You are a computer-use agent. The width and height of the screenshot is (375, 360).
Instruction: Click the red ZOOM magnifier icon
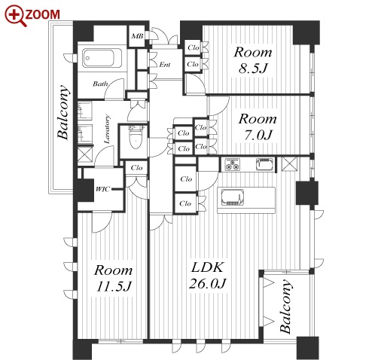coord(15,16)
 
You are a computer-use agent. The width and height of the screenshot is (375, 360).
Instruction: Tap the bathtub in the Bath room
coord(102,58)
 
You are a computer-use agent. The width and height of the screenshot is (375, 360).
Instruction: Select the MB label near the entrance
coord(137,36)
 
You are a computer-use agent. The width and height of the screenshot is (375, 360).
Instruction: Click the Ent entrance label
coord(165,65)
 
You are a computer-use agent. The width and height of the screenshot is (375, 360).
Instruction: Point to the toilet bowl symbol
coord(136,138)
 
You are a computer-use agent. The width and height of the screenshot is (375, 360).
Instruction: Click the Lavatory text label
coord(107,129)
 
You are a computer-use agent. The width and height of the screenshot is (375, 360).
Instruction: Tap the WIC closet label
coord(102,189)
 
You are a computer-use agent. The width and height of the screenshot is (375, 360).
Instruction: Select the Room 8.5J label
coord(253,60)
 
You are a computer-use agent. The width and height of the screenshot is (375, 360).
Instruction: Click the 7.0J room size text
coord(258,135)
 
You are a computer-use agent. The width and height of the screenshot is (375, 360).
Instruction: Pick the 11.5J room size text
coord(114,286)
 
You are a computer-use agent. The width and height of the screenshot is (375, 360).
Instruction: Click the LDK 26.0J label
coord(208,276)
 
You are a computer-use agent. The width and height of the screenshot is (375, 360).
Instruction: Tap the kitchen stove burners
coord(233,164)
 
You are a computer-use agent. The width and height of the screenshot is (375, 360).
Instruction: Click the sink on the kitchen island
coord(233,197)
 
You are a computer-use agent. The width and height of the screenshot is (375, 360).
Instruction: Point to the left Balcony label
coord(62,112)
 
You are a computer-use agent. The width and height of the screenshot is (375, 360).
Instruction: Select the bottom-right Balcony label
coord(286,307)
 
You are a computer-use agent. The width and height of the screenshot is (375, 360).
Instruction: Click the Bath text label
coord(100,84)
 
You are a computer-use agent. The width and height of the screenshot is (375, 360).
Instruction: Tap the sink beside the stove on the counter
coord(265,164)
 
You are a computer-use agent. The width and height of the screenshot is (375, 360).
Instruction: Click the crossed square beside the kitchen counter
coord(289,164)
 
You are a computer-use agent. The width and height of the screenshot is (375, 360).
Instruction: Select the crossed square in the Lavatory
coord(85,154)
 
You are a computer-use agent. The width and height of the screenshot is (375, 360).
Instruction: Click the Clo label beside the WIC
coord(136,167)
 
